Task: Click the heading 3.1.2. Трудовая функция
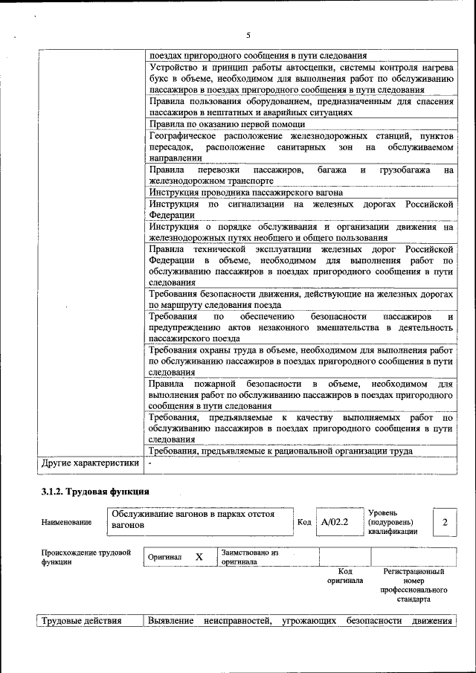pyautogui.click(x=94, y=492)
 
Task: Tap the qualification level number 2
pyautogui.click(x=444, y=522)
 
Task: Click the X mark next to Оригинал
pyautogui.click(x=199, y=557)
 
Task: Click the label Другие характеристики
pyautogui.click(x=90, y=463)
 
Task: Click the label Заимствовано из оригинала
pyautogui.click(x=249, y=557)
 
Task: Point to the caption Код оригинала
pyautogui.click(x=344, y=576)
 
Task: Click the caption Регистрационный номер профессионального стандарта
pyautogui.click(x=414, y=585)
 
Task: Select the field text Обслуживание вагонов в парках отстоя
pyautogui.click(x=193, y=519)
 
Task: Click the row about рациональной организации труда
pyautogui.click(x=280, y=451)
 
